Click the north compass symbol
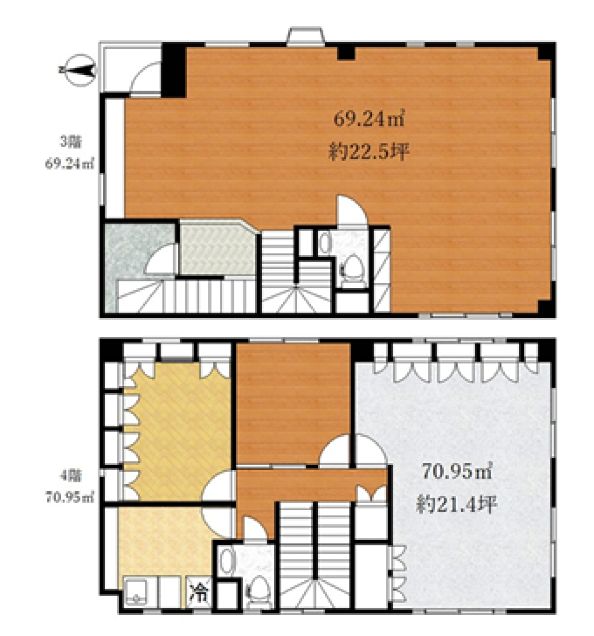click(x=78, y=70)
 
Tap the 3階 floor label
click(x=71, y=142)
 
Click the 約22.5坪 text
click(x=369, y=152)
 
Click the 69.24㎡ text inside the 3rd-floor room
click(x=369, y=119)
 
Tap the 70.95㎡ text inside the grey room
click(x=457, y=472)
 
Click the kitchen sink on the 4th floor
click(x=136, y=592)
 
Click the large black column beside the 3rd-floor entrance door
click(x=173, y=70)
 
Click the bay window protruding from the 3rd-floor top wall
click(x=305, y=35)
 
